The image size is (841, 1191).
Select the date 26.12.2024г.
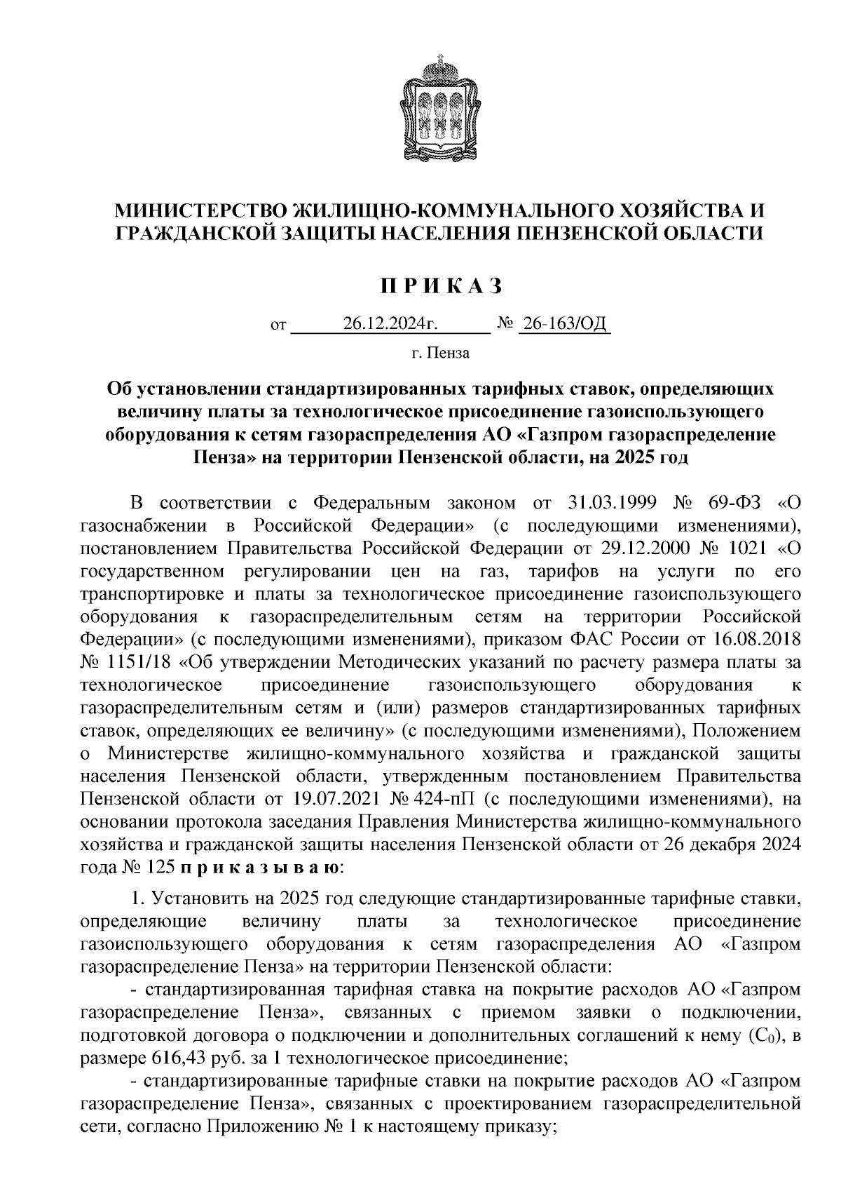click(x=390, y=323)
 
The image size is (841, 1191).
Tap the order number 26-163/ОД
click(x=563, y=323)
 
